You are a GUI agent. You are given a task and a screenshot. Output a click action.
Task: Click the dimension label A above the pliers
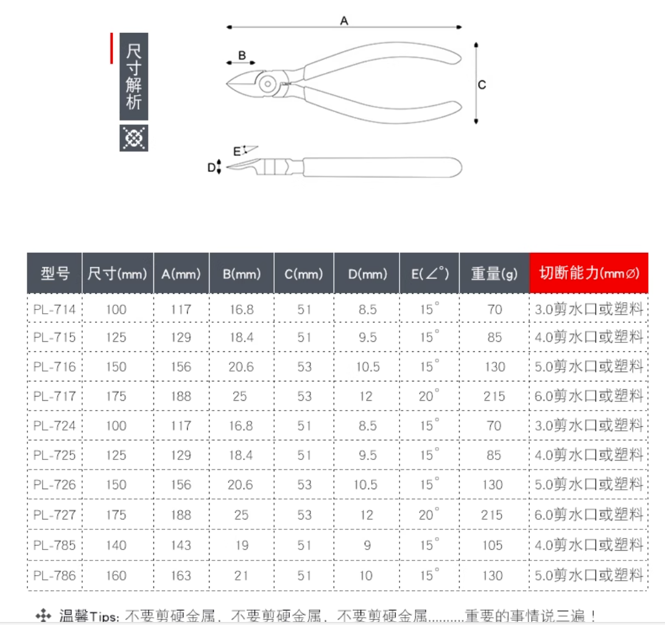tap(344, 20)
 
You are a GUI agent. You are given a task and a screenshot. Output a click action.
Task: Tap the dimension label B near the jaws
tap(242, 55)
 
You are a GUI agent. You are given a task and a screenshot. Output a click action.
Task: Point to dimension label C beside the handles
tap(482, 85)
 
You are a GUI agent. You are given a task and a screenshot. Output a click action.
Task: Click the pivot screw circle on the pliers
tap(267, 83)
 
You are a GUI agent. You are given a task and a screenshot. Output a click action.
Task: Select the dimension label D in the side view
tap(211, 168)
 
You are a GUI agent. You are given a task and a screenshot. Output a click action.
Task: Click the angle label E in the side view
tap(237, 152)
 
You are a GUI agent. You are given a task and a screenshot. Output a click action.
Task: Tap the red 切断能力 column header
tap(589, 273)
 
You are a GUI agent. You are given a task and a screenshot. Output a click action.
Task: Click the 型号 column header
tap(55, 274)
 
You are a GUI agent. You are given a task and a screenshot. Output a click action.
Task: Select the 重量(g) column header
tap(494, 274)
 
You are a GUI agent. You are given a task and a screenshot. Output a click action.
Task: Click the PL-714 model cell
tap(54, 309)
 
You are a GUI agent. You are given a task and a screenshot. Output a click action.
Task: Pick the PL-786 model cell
tap(54, 576)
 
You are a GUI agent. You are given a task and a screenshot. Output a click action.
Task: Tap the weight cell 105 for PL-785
tap(493, 545)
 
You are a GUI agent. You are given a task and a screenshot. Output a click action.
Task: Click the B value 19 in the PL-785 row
tap(242, 545)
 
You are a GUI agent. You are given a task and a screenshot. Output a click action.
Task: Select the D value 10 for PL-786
tap(366, 576)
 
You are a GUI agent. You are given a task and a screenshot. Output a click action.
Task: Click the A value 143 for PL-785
tap(181, 545)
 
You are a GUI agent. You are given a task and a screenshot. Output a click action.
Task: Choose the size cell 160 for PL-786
tap(116, 576)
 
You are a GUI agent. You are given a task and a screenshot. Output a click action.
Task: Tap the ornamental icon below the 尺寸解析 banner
tap(133, 138)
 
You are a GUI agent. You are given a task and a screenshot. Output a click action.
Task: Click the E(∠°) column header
tap(429, 274)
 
